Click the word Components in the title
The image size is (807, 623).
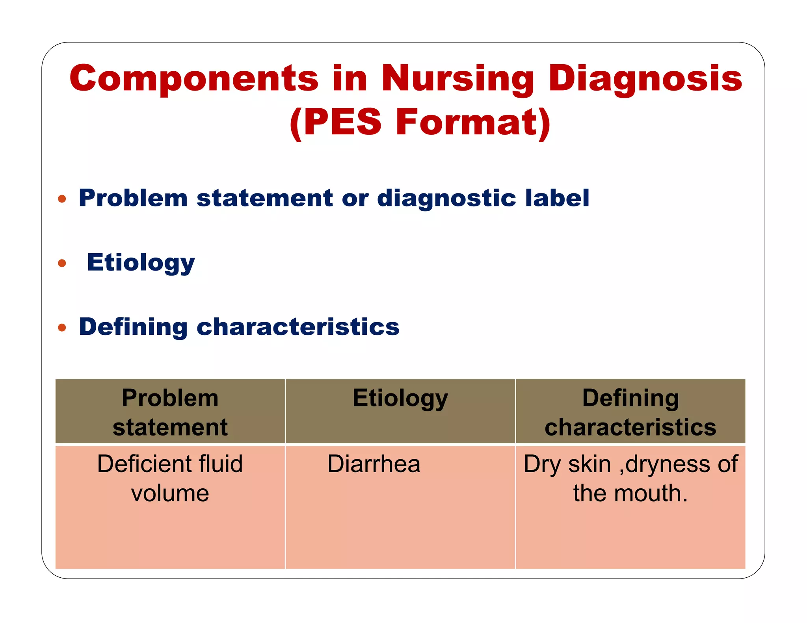193,79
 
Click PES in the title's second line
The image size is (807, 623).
342,122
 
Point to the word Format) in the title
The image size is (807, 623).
473,122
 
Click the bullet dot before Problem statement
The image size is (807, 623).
62,198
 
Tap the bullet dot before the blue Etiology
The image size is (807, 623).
62,263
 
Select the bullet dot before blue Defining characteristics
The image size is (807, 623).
62,327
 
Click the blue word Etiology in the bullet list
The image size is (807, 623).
141,263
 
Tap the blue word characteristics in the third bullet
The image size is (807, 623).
298,327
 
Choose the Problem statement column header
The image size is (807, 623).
170,412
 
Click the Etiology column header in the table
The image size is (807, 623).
400,398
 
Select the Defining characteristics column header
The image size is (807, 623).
630,412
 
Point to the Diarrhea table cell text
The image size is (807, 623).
374,464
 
